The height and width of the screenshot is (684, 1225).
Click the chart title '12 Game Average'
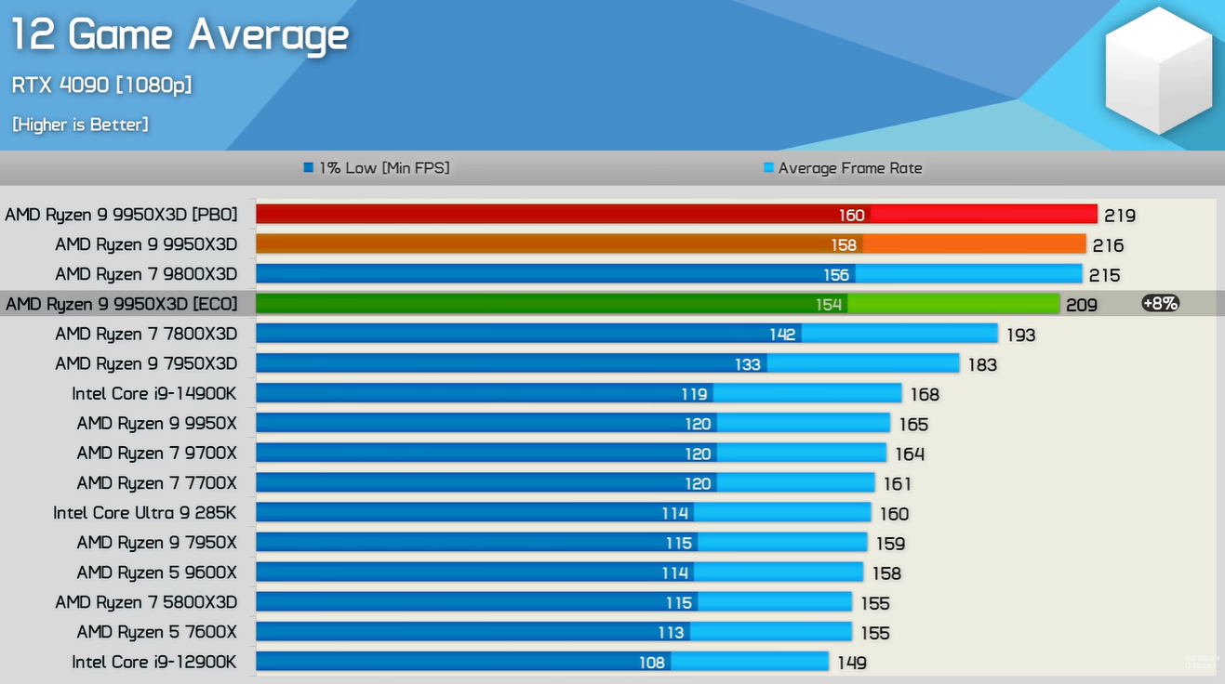click(180, 35)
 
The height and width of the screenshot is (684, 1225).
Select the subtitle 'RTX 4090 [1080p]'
click(101, 85)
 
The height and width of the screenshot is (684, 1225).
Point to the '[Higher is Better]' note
click(80, 125)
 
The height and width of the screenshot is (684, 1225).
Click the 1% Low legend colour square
click(309, 167)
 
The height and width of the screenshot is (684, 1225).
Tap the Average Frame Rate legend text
click(850, 167)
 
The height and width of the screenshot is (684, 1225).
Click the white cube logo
click(1159, 70)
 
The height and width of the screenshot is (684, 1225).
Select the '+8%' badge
click(1160, 303)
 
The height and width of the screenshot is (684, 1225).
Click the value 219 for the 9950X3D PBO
click(1120, 216)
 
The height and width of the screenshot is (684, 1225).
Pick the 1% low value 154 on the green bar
click(829, 304)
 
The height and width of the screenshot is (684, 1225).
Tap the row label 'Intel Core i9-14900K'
click(154, 393)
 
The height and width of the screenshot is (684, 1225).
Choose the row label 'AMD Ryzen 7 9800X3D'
click(146, 274)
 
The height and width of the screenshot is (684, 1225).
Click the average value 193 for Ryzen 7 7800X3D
click(1020, 335)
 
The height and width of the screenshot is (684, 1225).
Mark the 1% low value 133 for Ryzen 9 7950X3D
click(748, 364)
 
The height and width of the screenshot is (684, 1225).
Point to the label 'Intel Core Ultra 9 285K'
click(145, 512)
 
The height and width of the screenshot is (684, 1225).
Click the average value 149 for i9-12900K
click(852, 663)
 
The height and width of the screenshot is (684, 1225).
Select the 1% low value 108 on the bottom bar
click(652, 663)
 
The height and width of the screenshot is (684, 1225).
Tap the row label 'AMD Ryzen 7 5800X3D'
click(146, 602)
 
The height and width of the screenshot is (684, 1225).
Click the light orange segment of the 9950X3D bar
click(974, 243)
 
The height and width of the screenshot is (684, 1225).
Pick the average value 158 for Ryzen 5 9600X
click(886, 573)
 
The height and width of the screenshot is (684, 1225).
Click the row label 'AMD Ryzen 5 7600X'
click(157, 632)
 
